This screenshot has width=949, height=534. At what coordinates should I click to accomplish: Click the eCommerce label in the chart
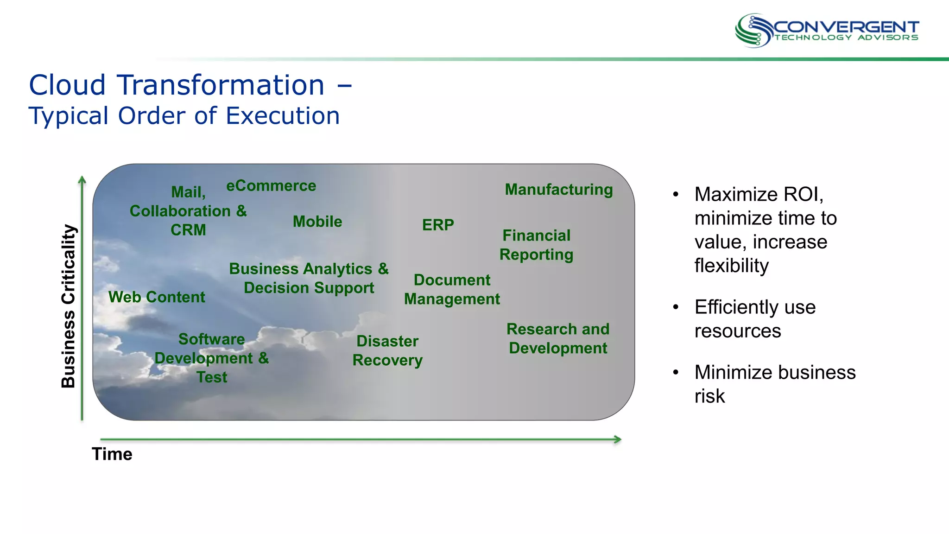tap(271, 186)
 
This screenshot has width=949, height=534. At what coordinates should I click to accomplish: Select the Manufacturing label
tap(559, 190)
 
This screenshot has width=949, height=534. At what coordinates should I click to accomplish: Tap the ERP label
tap(438, 225)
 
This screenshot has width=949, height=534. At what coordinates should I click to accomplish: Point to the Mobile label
tap(317, 222)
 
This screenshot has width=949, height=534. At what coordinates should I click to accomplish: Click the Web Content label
tap(157, 297)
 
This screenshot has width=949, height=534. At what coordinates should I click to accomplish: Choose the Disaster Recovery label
tap(387, 350)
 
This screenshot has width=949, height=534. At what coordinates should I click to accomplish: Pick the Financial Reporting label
tap(537, 245)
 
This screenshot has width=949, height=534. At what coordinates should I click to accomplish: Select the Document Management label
tap(452, 289)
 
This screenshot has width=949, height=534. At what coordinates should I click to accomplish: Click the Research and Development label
tap(558, 338)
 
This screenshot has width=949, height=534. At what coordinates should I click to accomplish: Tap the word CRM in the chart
tap(188, 230)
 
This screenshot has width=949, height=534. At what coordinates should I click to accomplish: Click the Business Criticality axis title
tap(69, 306)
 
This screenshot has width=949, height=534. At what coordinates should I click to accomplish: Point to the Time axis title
tap(112, 454)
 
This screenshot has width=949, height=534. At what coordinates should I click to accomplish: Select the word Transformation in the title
tap(221, 85)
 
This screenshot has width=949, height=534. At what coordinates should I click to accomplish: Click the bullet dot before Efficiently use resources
tap(676, 307)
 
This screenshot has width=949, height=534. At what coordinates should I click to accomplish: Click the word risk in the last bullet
tap(709, 396)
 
